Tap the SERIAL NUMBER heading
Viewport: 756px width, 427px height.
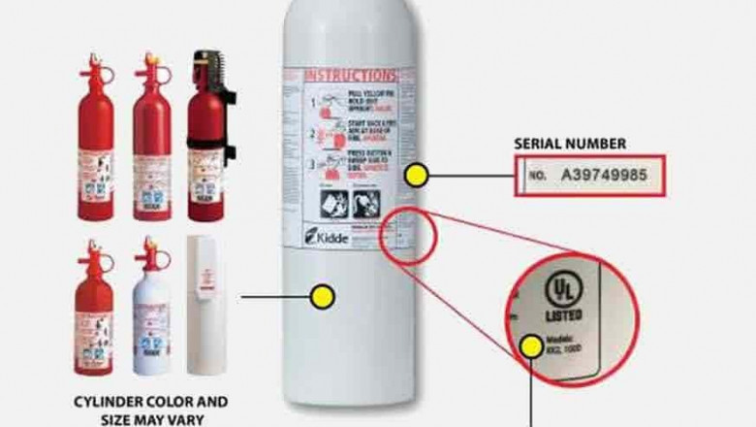[x=569, y=144]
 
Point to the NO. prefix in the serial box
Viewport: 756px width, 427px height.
[x=538, y=178]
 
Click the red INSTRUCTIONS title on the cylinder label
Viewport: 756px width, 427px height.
[x=353, y=75]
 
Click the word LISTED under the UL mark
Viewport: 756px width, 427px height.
[x=564, y=316]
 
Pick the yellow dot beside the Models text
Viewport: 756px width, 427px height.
[x=530, y=343]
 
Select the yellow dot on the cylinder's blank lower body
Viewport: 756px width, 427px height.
[x=323, y=294]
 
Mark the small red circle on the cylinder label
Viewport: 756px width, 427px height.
[x=400, y=234]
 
